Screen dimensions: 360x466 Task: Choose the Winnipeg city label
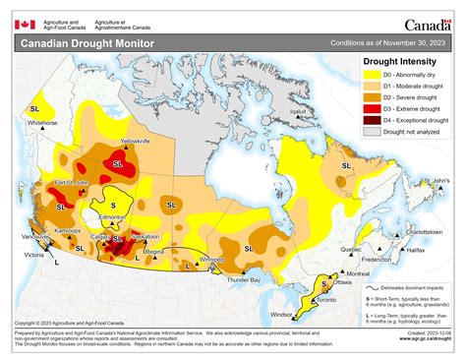click(211, 260)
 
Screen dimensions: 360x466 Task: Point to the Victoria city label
click(34, 254)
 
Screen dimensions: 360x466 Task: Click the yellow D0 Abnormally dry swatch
click(371, 74)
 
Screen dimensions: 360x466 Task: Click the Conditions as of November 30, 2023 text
click(388, 43)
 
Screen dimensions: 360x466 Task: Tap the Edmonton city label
click(121, 215)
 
